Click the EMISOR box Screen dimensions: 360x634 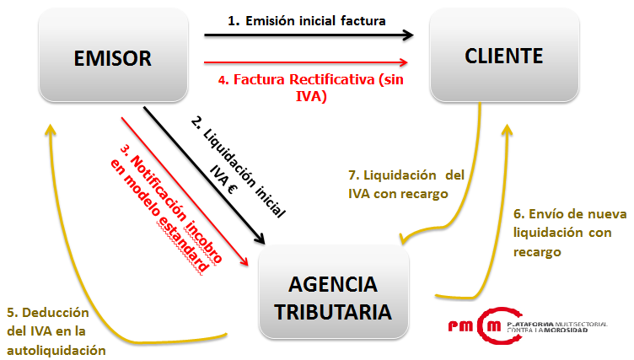(x=112, y=58)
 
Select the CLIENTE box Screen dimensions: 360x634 (x=503, y=56)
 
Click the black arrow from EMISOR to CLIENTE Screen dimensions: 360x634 (x=309, y=35)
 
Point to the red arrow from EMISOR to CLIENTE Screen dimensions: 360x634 (x=307, y=62)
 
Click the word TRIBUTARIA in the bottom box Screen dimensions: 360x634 (x=335, y=311)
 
